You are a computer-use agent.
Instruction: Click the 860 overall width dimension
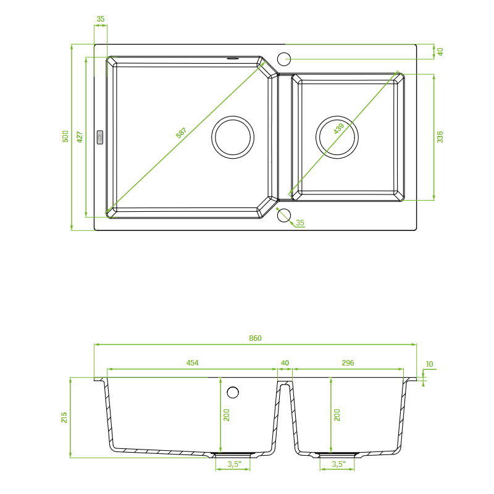tap(255, 338)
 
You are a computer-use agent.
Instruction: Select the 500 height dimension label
tap(65, 136)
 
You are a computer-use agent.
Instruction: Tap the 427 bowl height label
tap(80, 137)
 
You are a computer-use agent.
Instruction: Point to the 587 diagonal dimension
tap(181, 133)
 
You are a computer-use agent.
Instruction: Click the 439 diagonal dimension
tap(338, 128)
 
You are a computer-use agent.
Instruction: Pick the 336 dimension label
tap(440, 136)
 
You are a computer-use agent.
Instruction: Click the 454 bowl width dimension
tap(192, 363)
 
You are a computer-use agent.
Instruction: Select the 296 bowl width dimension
tap(348, 363)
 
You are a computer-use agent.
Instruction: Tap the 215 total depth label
tap(64, 417)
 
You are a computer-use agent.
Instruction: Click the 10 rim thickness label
tap(429, 364)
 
